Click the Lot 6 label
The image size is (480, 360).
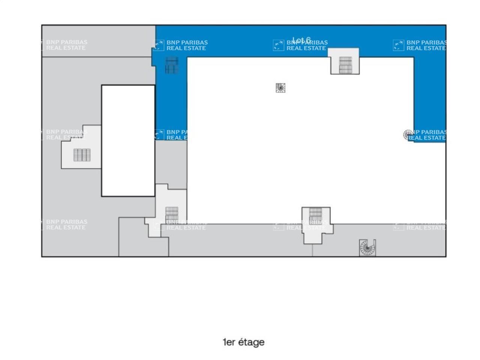(x=301, y=40)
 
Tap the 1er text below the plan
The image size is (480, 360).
(x=229, y=342)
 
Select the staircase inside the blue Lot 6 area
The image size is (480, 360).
(x=171, y=65)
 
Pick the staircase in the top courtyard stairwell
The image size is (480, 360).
(x=345, y=65)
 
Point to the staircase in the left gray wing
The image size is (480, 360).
(x=82, y=155)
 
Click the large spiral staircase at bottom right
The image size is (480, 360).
(x=367, y=248)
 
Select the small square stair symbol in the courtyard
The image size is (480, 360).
(x=280, y=88)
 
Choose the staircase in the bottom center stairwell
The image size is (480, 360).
(x=316, y=215)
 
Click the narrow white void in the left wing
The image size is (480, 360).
(x=128, y=141)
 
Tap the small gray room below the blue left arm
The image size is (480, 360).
(x=171, y=161)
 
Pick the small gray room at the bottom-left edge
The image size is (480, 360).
(x=142, y=240)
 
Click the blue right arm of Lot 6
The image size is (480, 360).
(x=430, y=94)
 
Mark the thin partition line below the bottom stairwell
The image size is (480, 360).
(x=312, y=250)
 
